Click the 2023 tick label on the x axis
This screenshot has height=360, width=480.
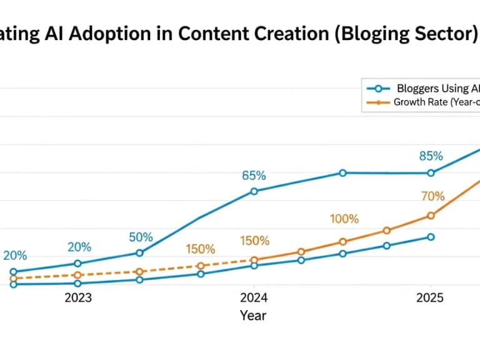point(78,297)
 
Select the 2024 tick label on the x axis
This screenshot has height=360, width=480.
point(254,297)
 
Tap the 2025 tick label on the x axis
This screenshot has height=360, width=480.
point(431,297)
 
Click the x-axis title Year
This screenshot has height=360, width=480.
point(253,316)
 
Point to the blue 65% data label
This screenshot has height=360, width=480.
point(254,176)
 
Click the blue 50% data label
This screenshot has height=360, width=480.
point(141,237)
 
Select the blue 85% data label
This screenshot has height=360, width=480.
point(431,156)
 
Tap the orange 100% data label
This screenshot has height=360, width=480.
point(344,219)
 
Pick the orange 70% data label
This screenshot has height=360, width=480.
point(432,196)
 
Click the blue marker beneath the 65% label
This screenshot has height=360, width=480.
point(254,191)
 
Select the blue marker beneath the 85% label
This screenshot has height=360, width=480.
point(431,173)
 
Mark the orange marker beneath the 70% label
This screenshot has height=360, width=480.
point(431,216)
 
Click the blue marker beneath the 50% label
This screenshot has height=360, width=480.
point(140,253)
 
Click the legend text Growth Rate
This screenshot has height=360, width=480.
point(436,102)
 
